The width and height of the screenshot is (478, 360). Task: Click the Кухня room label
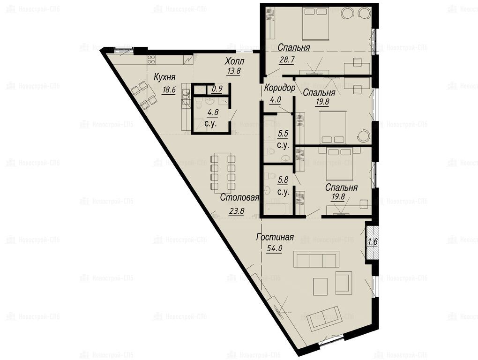tap(164, 77)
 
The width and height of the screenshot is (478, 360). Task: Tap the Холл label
tap(234, 61)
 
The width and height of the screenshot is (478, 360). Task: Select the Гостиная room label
tap(275, 237)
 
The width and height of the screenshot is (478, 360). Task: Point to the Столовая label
tap(239, 197)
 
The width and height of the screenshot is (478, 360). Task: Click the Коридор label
tap(280, 88)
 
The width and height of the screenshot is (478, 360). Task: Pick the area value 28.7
tap(287, 59)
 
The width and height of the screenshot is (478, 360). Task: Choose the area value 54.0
tap(274, 249)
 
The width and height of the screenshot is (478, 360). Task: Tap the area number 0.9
tap(217, 89)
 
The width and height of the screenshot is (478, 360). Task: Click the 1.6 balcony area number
tap(373, 242)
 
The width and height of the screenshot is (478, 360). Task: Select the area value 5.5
tap(283, 133)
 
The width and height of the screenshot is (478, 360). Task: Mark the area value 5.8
tap(283, 180)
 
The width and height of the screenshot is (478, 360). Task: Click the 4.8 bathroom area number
tap(213, 112)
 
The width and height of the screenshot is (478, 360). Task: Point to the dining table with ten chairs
tap(223, 172)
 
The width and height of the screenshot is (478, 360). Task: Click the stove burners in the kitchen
tap(151, 60)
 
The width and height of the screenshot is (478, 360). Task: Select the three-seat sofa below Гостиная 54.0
tap(316, 259)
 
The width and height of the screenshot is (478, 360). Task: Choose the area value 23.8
tap(236, 210)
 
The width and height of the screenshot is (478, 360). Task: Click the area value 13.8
tap(234, 71)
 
